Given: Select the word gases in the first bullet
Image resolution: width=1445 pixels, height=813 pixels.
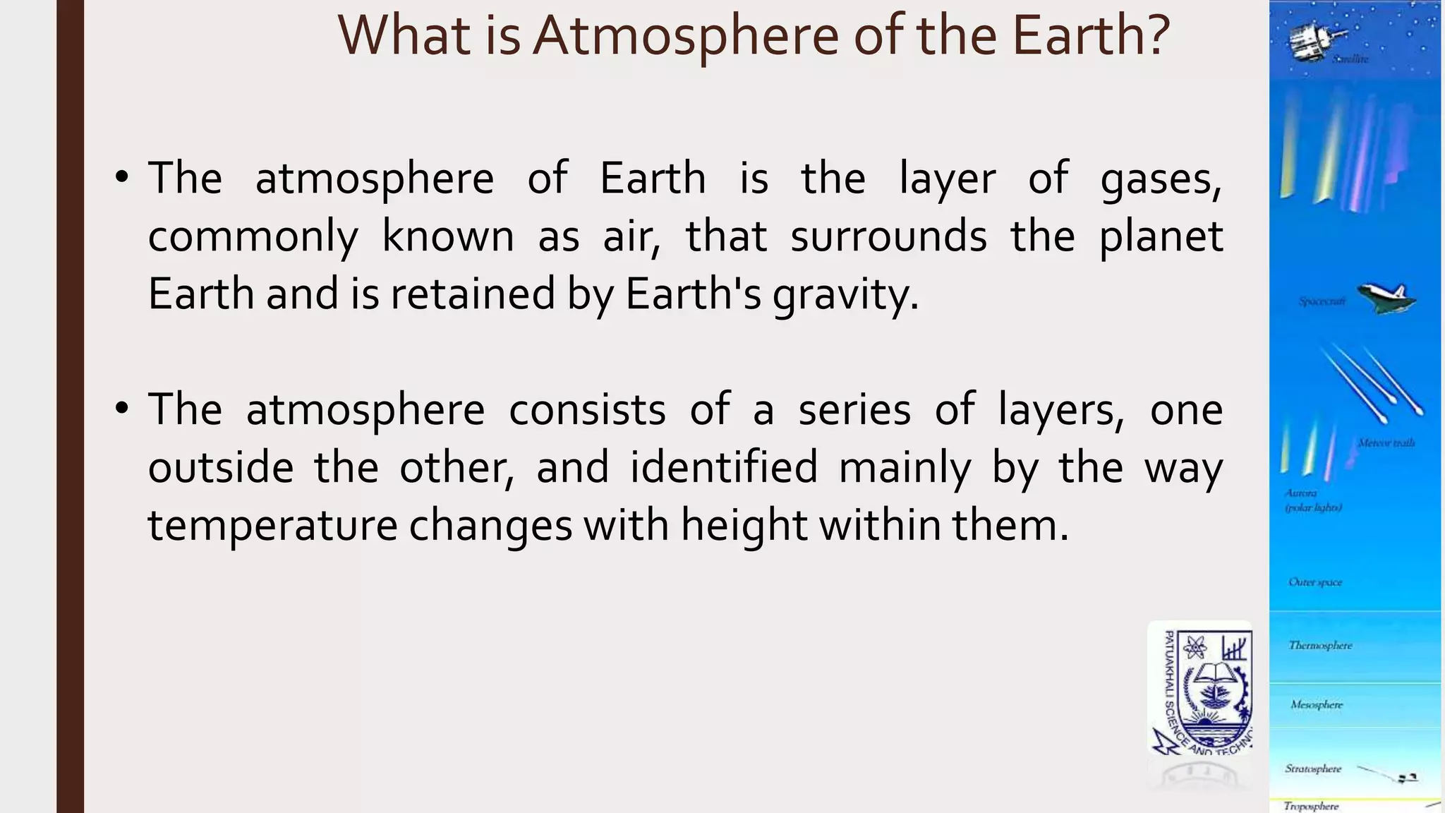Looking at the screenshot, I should coord(1161,179).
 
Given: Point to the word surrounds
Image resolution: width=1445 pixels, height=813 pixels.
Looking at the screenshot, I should coord(888,236).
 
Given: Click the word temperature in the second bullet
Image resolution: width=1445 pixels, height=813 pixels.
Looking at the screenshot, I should coord(272,526).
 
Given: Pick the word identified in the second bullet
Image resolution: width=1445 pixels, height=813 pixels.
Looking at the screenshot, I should coord(724,468).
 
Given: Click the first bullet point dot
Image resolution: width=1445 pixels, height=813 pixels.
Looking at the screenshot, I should coord(122,178).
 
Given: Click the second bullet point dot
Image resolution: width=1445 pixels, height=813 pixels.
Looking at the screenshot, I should coord(122,409).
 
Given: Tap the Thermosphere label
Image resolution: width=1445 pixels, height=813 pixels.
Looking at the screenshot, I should coord(1320,645).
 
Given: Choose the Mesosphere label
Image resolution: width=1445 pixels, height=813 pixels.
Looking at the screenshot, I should coord(1317,704).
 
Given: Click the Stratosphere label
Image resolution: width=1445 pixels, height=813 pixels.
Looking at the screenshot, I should coord(1313,769).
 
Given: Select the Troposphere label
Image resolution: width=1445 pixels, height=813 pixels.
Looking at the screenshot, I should coord(1311,806).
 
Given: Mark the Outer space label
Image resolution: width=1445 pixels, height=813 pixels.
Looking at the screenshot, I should coord(1315,582).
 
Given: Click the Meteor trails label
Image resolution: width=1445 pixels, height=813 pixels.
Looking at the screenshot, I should coord(1386,443).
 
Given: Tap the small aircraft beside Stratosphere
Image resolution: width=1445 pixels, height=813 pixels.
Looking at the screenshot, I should coord(1408,778).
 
